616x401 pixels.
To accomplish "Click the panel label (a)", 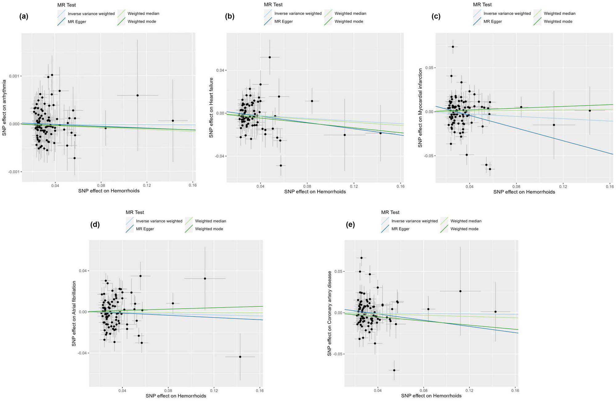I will (x=24, y=17).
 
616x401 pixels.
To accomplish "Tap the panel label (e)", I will (x=350, y=225).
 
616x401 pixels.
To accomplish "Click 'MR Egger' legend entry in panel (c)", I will (x=492, y=22).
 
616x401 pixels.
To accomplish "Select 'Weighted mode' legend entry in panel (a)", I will (x=142, y=22).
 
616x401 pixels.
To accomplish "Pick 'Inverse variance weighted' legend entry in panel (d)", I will (x=159, y=221).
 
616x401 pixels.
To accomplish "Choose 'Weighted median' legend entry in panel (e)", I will (x=466, y=221).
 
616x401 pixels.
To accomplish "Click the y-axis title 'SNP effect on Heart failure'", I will (x=211, y=107).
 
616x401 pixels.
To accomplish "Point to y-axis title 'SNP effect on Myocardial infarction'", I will (x=420, y=108).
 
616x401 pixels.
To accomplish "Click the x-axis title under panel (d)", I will (x=176, y=396).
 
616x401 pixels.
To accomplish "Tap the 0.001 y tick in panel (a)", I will (x=14, y=76).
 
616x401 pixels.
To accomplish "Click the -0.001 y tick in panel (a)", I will (x=13, y=172).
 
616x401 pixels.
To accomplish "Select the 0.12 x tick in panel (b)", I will (x=354, y=186).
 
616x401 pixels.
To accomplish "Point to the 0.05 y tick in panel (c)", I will (x=429, y=68).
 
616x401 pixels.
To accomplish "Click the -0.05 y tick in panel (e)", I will (x=338, y=354).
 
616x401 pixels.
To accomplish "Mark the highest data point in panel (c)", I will (x=453, y=47).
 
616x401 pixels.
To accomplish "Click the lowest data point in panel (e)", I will (x=394, y=370).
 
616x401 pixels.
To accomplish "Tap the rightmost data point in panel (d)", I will (x=240, y=357).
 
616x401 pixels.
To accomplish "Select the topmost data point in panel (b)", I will (x=269, y=57).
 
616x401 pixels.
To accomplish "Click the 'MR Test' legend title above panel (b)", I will (x=273, y=5).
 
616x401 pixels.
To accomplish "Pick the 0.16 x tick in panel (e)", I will (x=515, y=391).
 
